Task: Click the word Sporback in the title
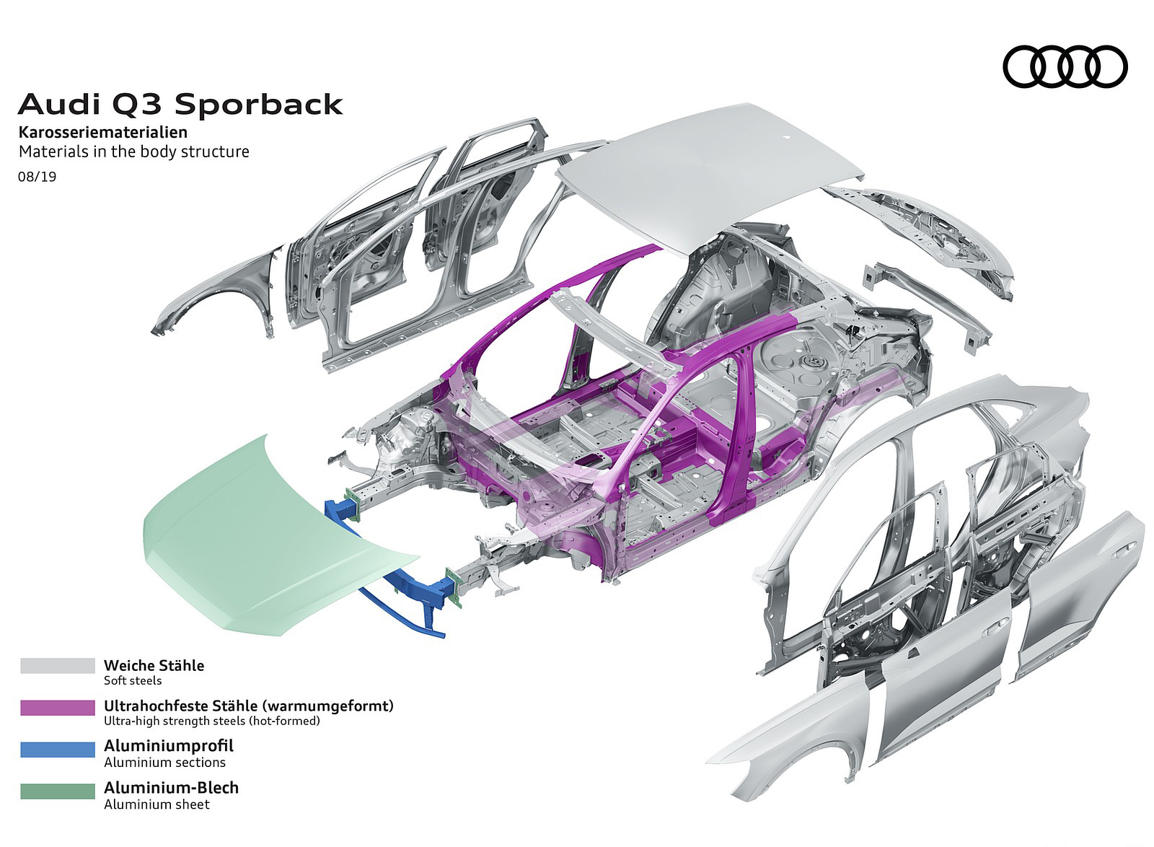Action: [x=259, y=105]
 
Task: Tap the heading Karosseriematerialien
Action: [x=103, y=133]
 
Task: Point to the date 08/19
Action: [x=37, y=175]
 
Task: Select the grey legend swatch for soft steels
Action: [x=58, y=665]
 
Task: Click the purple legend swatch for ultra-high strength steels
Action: [x=58, y=707]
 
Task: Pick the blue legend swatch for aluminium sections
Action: [x=58, y=750]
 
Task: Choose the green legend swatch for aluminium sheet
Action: [x=58, y=791]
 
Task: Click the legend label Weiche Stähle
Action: [x=154, y=665]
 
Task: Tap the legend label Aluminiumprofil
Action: [x=169, y=746]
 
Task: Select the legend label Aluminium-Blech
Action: [x=171, y=787]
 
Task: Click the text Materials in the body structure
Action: [x=134, y=152]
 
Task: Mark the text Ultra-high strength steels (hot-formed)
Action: [x=211, y=721]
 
